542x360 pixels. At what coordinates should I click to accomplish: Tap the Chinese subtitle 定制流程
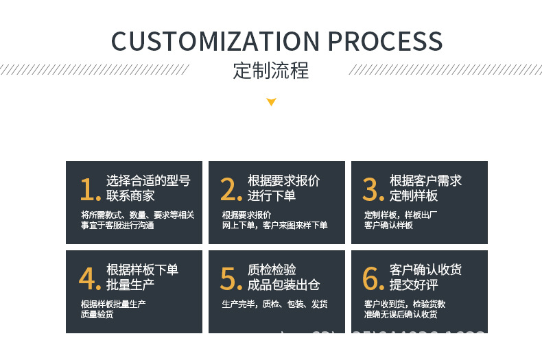(271, 71)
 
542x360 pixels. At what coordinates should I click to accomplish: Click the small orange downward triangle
(271, 102)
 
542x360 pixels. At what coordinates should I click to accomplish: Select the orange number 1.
(90, 189)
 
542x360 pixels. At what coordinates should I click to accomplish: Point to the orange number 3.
(373, 189)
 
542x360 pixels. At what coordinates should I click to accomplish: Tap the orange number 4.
(90, 278)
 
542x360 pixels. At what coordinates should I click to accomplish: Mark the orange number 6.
(373, 278)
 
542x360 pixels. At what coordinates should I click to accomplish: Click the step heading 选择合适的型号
(148, 181)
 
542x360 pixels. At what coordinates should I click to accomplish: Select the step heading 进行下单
(272, 196)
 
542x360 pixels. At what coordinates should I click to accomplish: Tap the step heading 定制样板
(414, 196)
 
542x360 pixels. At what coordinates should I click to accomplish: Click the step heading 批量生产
(130, 285)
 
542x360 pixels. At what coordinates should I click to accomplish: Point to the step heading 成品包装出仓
(283, 285)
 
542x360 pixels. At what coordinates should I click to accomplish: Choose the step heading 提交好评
(414, 285)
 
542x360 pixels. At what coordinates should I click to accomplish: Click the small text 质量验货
(97, 315)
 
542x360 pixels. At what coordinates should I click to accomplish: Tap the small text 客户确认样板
(388, 225)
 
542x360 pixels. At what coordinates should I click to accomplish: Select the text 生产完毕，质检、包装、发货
(274, 304)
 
